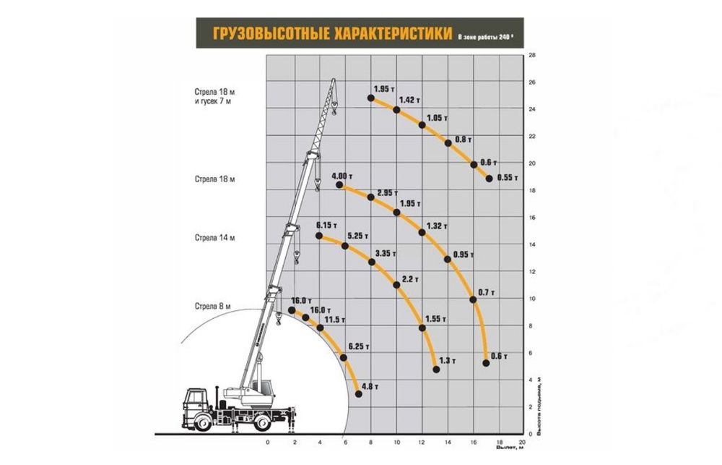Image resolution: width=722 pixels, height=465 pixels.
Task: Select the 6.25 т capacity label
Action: point(359,346)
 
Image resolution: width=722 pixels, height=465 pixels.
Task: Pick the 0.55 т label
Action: point(508,176)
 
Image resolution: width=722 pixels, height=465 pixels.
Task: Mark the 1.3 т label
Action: point(448,360)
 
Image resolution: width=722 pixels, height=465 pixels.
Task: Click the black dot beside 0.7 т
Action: point(474,299)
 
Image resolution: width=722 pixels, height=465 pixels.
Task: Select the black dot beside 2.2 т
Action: point(396,285)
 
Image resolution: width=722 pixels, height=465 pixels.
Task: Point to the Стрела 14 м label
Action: point(214,237)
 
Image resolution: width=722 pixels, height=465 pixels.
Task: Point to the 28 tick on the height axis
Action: point(531,55)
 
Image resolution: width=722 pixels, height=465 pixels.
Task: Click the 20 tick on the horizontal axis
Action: point(522,441)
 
